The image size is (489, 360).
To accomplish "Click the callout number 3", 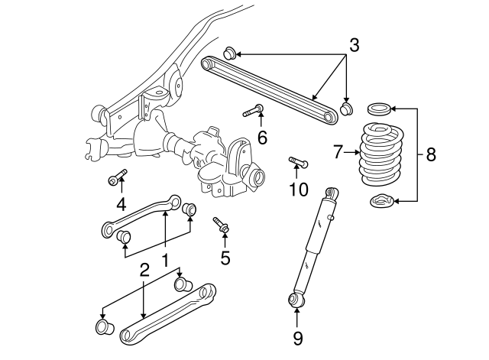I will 353,45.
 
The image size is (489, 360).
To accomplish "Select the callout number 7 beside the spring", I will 338,154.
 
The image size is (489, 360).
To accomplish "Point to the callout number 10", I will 298,189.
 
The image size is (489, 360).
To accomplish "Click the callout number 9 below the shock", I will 297,337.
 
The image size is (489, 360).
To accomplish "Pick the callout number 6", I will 261,138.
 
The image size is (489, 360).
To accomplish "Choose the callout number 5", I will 225,258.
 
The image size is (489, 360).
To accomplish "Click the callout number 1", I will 164,261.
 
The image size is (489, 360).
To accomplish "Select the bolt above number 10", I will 297,161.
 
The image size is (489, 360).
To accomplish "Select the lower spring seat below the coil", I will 382,202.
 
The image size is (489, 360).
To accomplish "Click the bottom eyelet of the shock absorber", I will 296,298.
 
